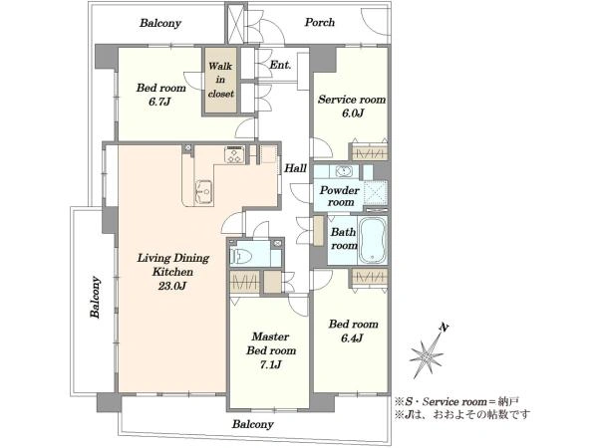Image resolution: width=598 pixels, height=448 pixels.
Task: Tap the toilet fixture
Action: pyautogui.click(x=241, y=256)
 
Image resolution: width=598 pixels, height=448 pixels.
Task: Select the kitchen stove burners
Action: pyautogui.click(x=234, y=154)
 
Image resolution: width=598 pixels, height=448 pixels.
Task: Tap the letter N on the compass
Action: pyautogui.click(x=444, y=327)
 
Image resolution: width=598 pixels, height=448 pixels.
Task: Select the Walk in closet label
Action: pyautogui.click(x=220, y=80)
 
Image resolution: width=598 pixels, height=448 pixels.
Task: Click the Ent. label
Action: pyautogui.click(x=280, y=65)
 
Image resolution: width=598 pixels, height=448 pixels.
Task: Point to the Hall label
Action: pyautogui.click(x=296, y=168)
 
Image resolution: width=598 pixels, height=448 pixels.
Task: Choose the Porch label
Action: pyautogui.click(x=320, y=22)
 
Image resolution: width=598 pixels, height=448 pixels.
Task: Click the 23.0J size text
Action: pyautogui.click(x=172, y=286)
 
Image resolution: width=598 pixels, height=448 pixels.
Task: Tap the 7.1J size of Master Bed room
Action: pyautogui.click(x=271, y=364)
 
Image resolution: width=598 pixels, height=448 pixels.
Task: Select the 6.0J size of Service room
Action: pyautogui.click(x=353, y=113)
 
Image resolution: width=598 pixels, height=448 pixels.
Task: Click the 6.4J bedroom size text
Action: pyautogui.click(x=353, y=337)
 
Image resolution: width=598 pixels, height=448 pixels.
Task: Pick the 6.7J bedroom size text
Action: pyautogui.click(x=160, y=102)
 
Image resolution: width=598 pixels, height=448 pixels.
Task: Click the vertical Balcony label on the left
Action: pyautogui.click(x=96, y=297)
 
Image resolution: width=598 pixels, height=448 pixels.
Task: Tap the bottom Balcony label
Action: pyautogui.click(x=253, y=424)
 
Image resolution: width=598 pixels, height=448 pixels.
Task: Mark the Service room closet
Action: pyautogui.click(x=369, y=152)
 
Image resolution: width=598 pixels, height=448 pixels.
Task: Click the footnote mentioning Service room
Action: pyautogui.click(x=456, y=401)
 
